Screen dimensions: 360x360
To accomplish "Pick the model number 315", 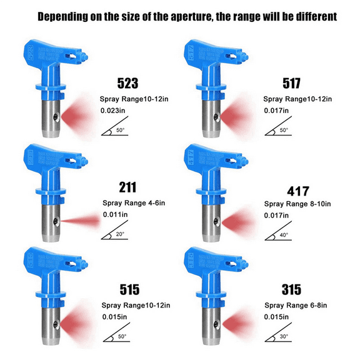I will (x=292, y=289).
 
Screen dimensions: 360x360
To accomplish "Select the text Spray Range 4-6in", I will (x=134, y=202).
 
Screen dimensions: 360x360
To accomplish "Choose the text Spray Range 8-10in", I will (x=298, y=204).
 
